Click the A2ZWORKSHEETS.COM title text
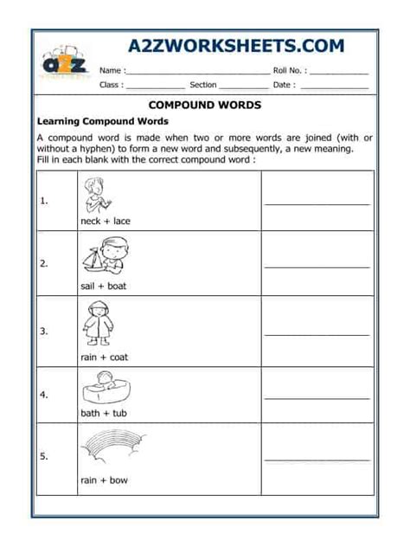[x=235, y=46]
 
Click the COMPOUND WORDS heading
[x=205, y=105]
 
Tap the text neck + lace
[x=106, y=221]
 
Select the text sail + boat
[x=104, y=286]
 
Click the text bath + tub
[x=104, y=414]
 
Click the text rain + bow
[x=104, y=480]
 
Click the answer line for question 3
[x=317, y=334]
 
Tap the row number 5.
[x=43, y=455]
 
